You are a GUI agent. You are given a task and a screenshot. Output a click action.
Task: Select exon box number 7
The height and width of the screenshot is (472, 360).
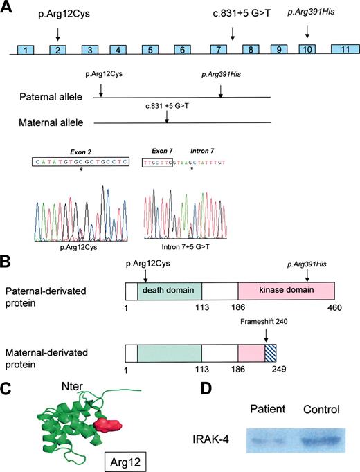(x=218, y=51)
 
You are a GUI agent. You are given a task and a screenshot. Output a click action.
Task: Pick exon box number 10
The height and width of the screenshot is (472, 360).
(x=307, y=51)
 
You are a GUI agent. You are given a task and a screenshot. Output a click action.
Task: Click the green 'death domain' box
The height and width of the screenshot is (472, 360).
(x=170, y=290)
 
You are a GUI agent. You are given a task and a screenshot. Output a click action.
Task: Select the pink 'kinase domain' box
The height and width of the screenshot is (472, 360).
(x=286, y=290)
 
